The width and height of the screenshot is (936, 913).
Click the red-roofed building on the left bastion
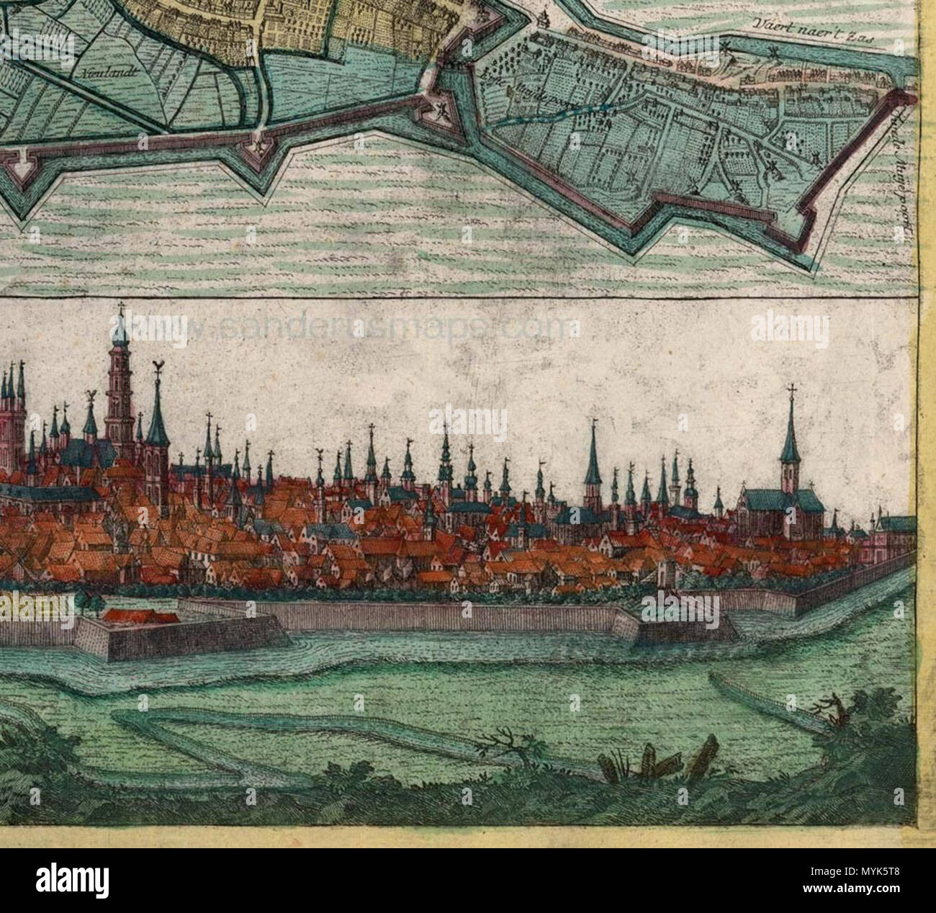pos(141,616)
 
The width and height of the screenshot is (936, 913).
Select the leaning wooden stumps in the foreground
pos(666,763)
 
